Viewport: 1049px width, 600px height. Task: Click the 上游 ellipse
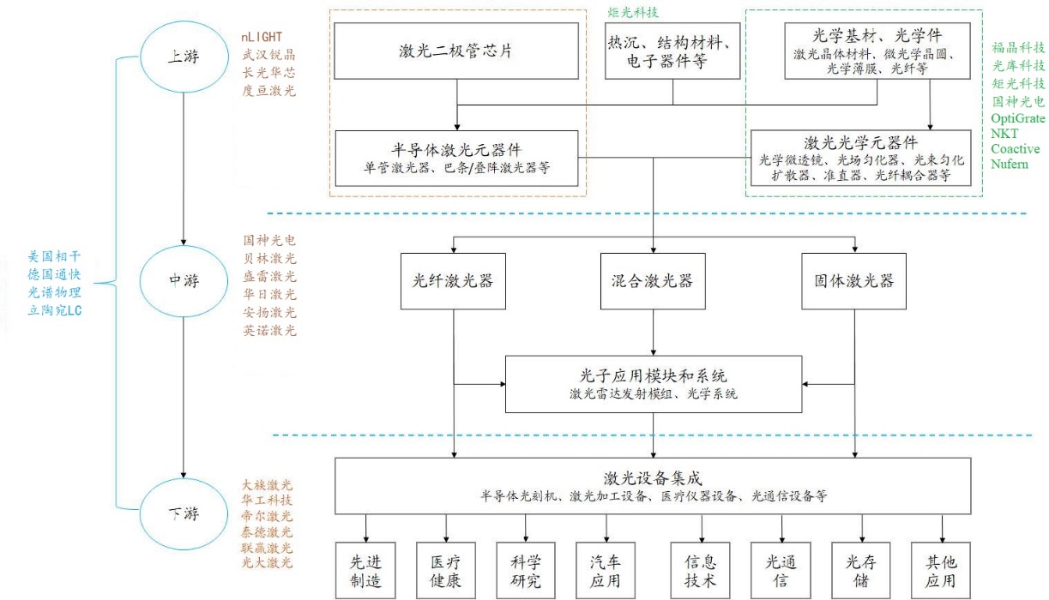point(181,56)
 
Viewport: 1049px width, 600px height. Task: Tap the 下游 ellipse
point(181,514)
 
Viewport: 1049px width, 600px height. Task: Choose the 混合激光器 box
point(654,281)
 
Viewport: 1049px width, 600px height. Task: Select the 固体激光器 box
point(853,281)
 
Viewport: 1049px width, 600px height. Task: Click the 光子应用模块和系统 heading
point(654,375)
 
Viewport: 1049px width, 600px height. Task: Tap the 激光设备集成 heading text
point(654,477)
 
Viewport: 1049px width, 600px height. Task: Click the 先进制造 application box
point(366,570)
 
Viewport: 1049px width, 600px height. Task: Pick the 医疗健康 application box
point(446,570)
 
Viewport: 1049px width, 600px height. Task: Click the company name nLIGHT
point(262,38)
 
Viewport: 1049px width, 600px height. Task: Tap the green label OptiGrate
point(1018,117)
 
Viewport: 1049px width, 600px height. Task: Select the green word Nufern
point(1010,164)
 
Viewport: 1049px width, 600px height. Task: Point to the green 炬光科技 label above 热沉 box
point(634,13)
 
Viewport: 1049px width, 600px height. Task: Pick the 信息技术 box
point(701,570)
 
